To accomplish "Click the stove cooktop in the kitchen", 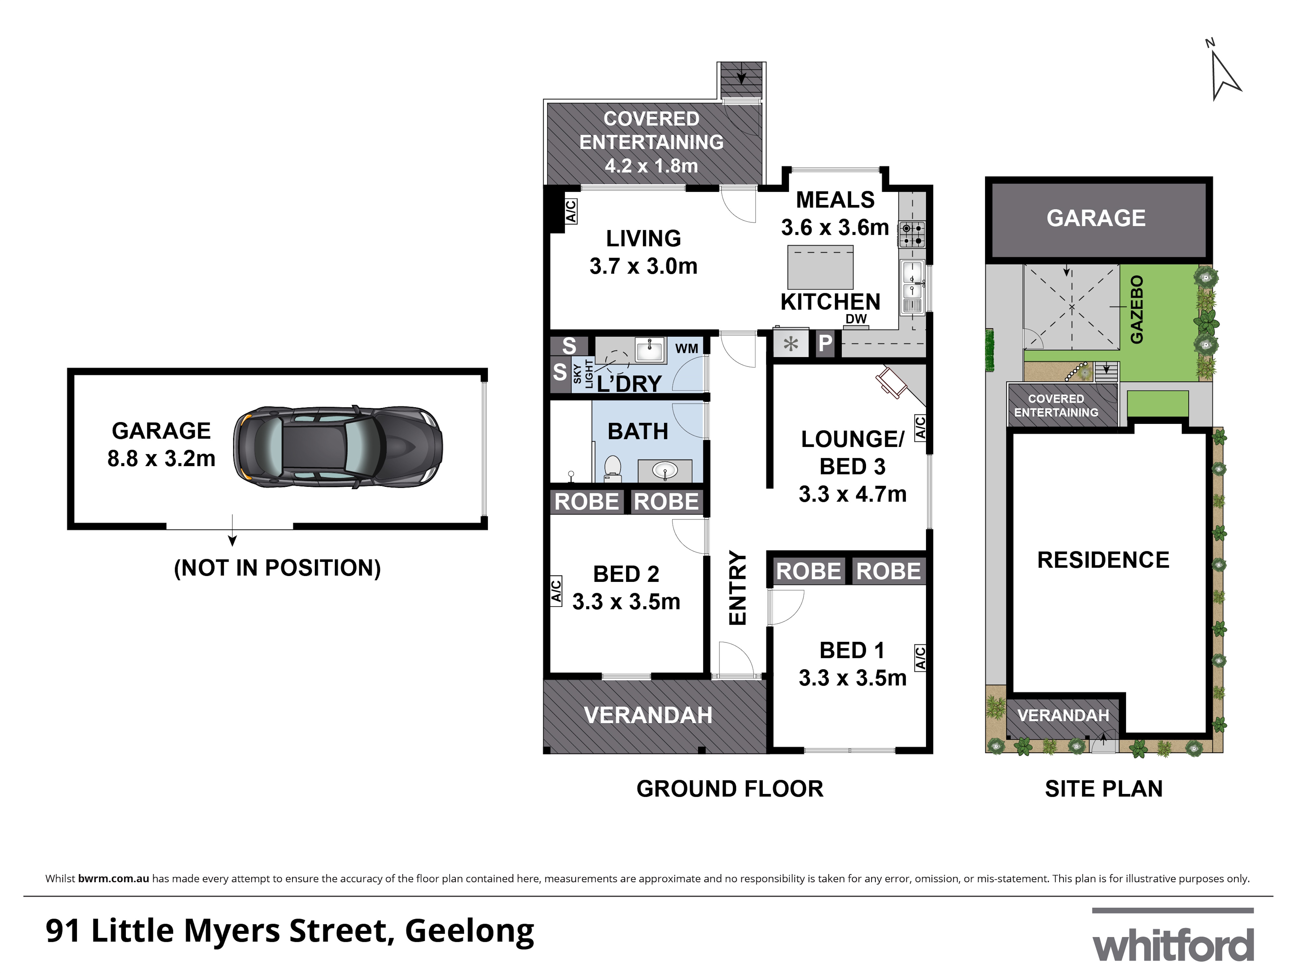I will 912,234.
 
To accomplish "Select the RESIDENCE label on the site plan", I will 1103,560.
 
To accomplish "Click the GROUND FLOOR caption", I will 730,789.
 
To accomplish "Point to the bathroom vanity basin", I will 664,470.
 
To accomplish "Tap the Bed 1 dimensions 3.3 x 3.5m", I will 852,678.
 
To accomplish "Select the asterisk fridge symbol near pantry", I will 791,344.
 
